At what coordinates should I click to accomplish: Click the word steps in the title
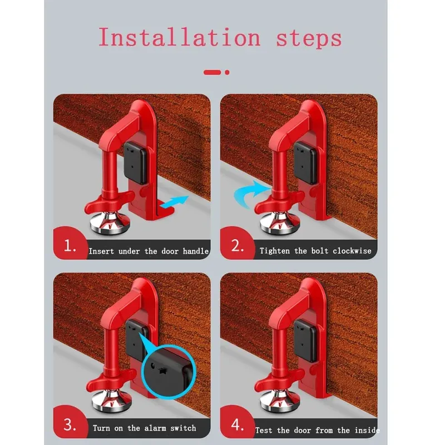(x=309, y=38)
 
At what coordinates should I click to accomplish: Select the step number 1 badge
(x=70, y=246)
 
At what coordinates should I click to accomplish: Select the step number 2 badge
(x=238, y=246)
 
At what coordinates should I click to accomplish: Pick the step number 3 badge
(x=70, y=426)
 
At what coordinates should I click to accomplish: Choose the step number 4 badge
(x=238, y=426)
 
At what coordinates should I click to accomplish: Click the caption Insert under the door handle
(x=149, y=251)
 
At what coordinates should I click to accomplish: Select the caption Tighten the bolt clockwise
(x=315, y=251)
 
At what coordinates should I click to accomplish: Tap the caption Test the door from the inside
(x=317, y=430)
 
